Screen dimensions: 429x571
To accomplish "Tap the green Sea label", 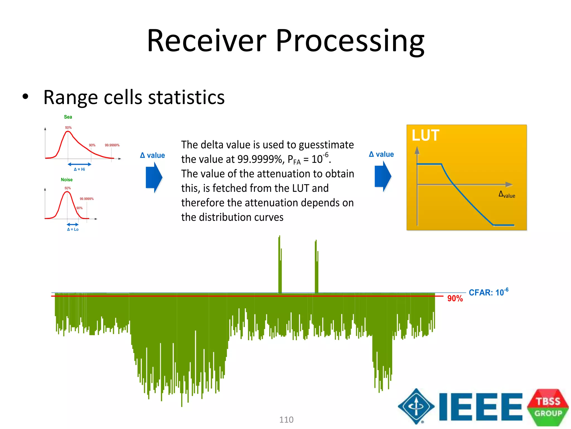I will pos(68,117).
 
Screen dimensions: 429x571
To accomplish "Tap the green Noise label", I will pos(67,180).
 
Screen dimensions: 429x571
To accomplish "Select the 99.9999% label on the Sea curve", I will pos(112,145).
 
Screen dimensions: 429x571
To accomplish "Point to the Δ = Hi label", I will pos(79,169).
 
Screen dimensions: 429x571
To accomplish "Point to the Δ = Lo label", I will pos(73,229).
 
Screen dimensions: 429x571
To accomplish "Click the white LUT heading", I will pos(425,135).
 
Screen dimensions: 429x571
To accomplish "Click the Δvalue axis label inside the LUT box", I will pos(507,195).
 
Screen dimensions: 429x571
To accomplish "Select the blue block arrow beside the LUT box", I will pos(383,176).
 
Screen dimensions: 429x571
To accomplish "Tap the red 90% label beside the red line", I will pos(455,299).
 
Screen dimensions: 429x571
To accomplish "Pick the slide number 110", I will pos(286,420).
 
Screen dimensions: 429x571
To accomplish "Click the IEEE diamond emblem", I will pos(416,406).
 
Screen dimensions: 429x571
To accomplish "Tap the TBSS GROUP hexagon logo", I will pos(548,407).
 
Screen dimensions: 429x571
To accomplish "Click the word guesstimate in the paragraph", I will pos(326,145).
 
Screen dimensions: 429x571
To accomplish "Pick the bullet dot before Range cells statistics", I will pos(25,97).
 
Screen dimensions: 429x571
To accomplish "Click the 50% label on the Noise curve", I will pos(68,188).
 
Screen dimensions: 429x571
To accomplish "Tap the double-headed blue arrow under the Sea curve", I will pos(79,164).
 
